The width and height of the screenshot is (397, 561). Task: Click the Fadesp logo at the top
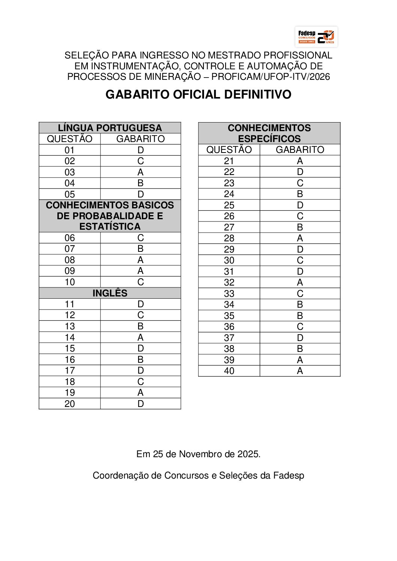click(x=316, y=37)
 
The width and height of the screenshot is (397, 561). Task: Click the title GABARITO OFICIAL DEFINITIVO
click(x=198, y=94)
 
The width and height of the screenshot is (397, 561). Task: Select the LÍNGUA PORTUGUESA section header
click(x=110, y=128)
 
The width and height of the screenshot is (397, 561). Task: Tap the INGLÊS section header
click(x=110, y=293)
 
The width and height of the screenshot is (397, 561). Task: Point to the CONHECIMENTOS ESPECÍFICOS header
click(x=269, y=133)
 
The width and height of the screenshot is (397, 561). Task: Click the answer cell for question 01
click(x=140, y=150)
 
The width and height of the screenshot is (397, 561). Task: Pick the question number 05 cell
click(x=70, y=194)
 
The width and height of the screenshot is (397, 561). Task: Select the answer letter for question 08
click(x=140, y=260)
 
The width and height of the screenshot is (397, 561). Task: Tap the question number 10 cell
click(x=70, y=282)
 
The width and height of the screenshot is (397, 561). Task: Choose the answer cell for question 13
click(x=140, y=326)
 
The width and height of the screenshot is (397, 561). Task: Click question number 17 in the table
click(x=70, y=371)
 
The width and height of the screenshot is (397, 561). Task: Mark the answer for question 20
click(x=140, y=404)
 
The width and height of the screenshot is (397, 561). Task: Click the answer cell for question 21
click(x=299, y=161)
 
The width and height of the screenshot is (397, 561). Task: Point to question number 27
click(x=229, y=227)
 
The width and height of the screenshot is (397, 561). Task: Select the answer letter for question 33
click(x=299, y=294)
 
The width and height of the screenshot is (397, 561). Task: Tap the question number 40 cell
click(x=229, y=371)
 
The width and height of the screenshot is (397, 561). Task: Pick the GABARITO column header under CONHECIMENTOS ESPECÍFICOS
click(x=299, y=150)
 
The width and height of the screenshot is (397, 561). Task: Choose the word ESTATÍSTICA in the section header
click(x=110, y=227)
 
